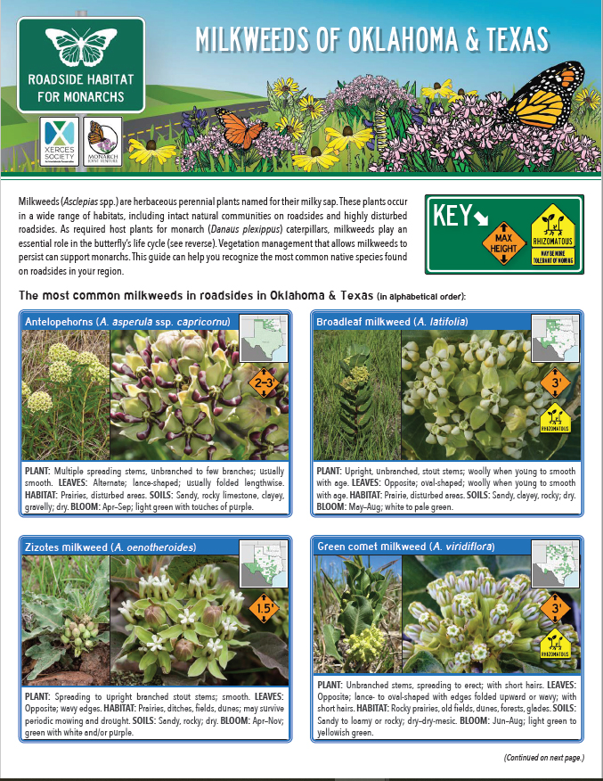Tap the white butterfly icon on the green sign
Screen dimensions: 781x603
(x=80, y=45)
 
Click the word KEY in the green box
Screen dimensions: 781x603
(x=452, y=217)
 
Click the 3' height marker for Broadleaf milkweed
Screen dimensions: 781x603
(x=555, y=382)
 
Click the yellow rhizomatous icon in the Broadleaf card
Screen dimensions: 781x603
(x=555, y=416)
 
